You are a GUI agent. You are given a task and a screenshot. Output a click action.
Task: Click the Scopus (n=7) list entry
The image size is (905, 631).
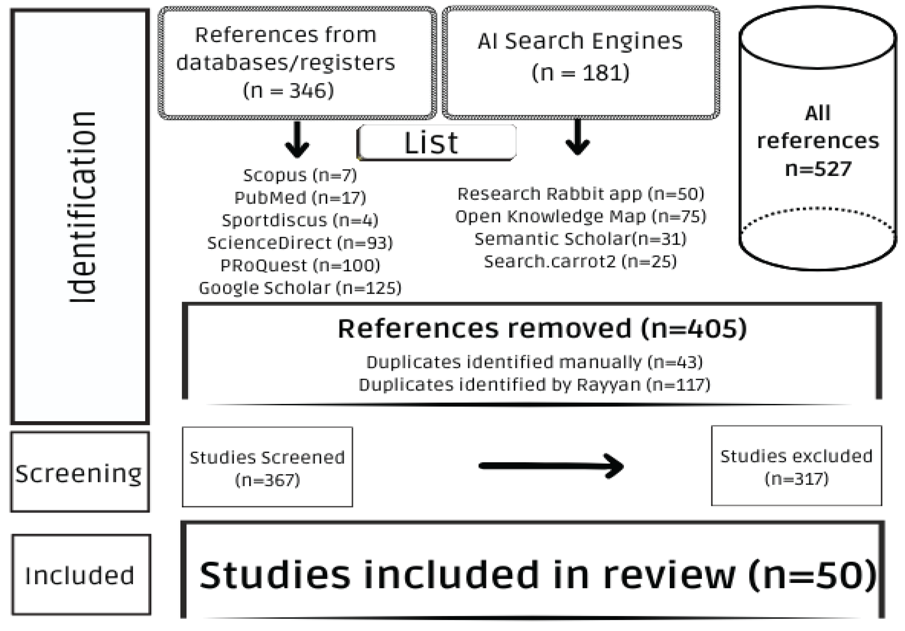point(300,175)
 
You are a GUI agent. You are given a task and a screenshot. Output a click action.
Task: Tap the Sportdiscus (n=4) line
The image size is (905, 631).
point(300,220)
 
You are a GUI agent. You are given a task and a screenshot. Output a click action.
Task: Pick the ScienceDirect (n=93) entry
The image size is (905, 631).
point(300,243)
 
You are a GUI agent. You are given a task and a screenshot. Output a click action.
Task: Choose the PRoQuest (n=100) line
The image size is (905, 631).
point(300,265)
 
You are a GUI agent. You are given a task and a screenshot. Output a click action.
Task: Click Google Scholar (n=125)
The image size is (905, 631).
point(300,288)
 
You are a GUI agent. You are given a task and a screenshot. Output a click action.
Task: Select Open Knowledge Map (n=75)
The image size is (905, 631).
point(580,216)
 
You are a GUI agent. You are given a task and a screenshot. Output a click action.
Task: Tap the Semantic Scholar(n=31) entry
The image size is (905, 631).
point(580,239)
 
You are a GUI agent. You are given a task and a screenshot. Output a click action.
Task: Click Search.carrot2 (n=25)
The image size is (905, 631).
point(580,262)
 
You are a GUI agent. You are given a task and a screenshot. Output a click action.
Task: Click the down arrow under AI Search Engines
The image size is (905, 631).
point(577,138)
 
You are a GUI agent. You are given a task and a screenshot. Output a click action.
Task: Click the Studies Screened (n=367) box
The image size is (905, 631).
point(267,467)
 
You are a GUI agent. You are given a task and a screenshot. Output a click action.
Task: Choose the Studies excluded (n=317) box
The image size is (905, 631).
point(796,466)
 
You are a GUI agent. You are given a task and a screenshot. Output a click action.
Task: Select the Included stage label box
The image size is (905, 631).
point(81,575)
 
